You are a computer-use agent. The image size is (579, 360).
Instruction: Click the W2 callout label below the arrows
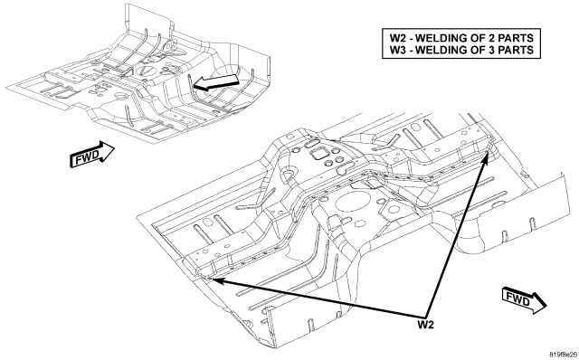[426, 325]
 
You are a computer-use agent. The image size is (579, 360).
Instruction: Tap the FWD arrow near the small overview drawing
[91, 155]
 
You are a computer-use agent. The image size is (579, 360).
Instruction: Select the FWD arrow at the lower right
[525, 299]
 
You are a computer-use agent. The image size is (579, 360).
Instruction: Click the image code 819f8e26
[563, 355]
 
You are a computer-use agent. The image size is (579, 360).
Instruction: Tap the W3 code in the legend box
[398, 50]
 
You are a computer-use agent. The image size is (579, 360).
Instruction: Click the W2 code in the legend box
[398, 38]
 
